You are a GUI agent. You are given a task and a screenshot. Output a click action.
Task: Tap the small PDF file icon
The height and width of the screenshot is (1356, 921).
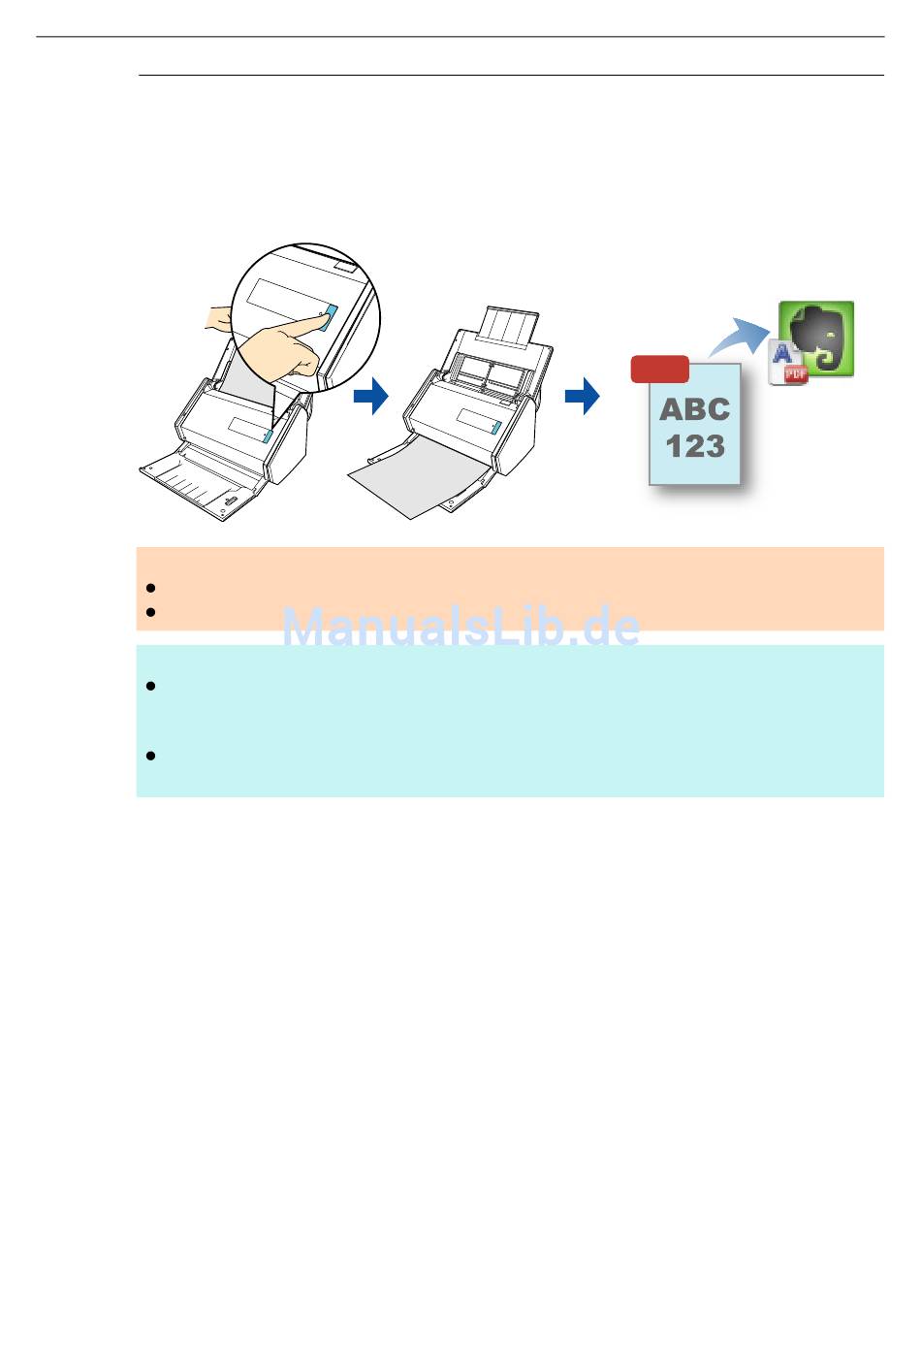click(x=788, y=365)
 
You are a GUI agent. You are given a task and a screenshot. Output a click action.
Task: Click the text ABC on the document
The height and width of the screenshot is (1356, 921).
click(x=694, y=409)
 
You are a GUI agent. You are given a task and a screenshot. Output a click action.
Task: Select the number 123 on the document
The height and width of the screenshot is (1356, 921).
click(x=694, y=446)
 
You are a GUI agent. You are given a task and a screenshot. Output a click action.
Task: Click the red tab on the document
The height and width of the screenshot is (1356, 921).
click(x=659, y=370)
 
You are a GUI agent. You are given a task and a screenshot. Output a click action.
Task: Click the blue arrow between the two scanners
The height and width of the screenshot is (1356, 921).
click(x=370, y=396)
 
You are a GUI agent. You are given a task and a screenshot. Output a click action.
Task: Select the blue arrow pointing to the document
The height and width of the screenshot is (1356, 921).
click(x=582, y=396)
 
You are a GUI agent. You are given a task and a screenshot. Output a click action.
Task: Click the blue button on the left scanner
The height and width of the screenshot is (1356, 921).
click(x=267, y=432)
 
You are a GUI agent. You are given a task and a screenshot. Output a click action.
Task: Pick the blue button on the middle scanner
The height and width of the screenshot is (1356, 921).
click(x=496, y=427)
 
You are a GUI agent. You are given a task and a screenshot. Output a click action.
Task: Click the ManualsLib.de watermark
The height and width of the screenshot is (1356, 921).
click(x=461, y=628)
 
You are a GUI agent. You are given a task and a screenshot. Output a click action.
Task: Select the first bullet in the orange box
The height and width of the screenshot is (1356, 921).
click(x=150, y=588)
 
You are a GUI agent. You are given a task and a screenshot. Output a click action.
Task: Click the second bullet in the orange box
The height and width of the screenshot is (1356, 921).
click(x=150, y=612)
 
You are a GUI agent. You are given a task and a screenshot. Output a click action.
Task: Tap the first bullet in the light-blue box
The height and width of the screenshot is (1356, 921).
click(x=150, y=687)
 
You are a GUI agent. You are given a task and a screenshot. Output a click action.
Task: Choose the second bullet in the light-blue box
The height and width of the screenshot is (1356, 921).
click(x=150, y=756)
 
